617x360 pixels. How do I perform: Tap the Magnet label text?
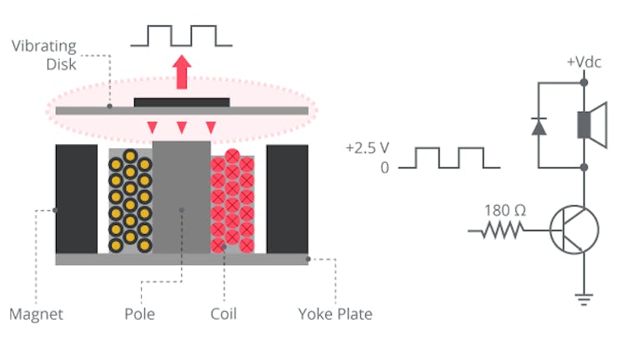pyautogui.click(x=36, y=314)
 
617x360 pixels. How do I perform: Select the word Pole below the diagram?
pyautogui.click(x=140, y=314)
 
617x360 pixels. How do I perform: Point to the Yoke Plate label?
pyautogui.click(x=335, y=314)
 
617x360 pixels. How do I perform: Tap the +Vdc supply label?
pyautogui.click(x=584, y=63)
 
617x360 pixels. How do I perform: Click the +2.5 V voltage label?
pyautogui.click(x=367, y=149)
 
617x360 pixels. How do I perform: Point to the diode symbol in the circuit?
pyautogui.click(x=538, y=126)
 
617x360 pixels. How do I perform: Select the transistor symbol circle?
pyautogui.click(x=574, y=229)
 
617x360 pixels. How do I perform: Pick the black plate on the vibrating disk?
pyautogui.click(x=182, y=102)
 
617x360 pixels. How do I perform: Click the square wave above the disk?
pyautogui.click(x=182, y=36)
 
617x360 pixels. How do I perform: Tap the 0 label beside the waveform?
pyautogui.click(x=384, y=167)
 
